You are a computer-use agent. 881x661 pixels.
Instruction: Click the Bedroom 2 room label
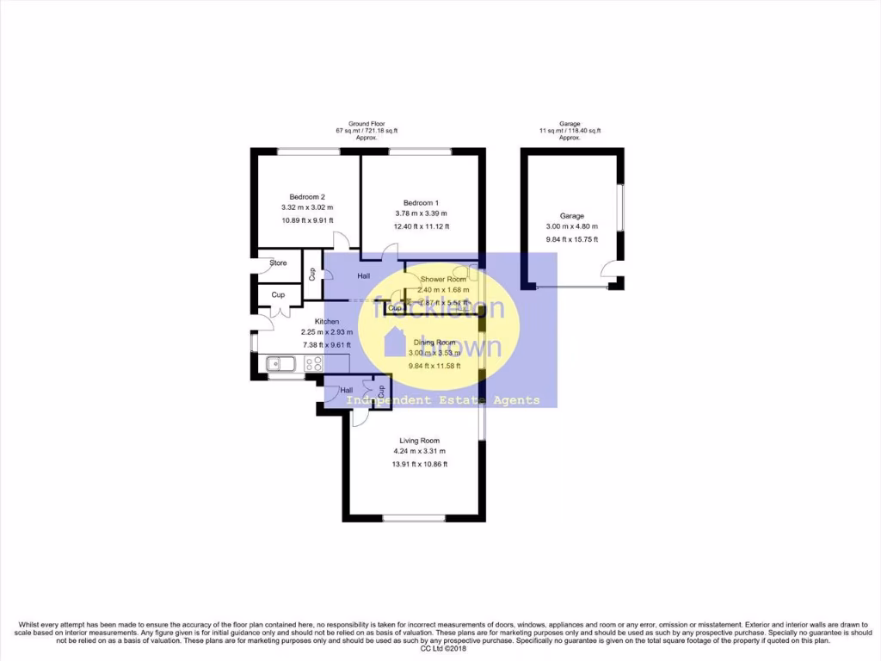click(307, 197)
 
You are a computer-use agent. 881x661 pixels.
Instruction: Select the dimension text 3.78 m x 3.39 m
click(422, 213)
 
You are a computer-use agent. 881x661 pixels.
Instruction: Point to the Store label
click(278, 263)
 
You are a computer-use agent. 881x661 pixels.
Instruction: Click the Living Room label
click(420, 441)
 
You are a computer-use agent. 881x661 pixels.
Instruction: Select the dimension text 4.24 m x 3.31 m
click(420, 451)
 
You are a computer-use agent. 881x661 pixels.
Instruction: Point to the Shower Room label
click(443, 280)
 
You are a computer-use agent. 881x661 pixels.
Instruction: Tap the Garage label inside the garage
click(572, 216)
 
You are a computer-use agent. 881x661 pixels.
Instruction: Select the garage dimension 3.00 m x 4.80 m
click(572, 227)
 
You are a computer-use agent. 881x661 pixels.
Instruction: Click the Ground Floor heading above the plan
click(367, 124)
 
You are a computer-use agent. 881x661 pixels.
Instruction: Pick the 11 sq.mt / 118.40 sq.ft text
click(570, 131)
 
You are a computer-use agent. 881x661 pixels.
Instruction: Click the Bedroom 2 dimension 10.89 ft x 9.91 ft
click(307, 220)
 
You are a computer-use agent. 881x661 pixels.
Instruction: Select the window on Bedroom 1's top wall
click(420, 152)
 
